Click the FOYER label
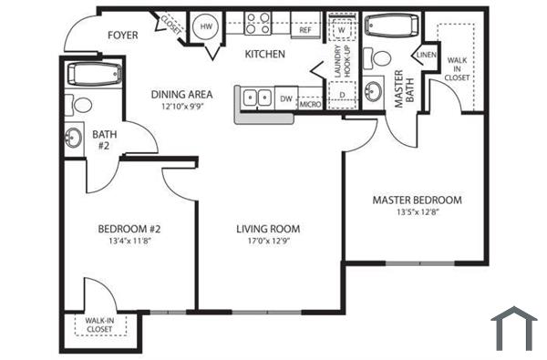click(124, 36)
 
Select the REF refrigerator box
click(306, 30)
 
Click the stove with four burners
click(256, 24)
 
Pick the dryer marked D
click(341, 94)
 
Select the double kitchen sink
click(254, 97)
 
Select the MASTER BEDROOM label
click(417, 200)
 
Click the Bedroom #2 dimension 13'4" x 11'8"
click(129, 242)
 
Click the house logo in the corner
click(514, 328)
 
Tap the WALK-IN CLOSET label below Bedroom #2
click(99, 324)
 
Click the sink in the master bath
click(374, 92)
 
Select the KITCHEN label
click(265, 54)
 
